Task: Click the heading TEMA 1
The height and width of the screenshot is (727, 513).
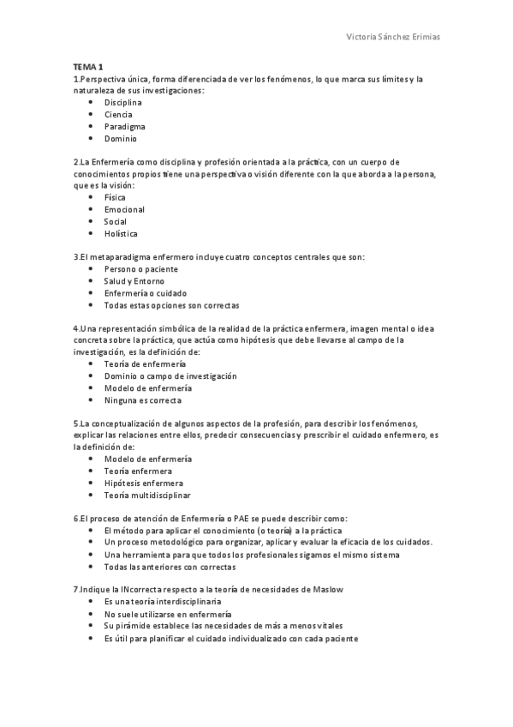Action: (x=88, y=68)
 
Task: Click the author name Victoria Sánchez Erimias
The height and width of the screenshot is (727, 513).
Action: (x=392, y=38)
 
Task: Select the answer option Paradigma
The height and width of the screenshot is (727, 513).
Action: (x=124, y=126)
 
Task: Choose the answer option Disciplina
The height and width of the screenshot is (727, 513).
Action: (x=123, y=102)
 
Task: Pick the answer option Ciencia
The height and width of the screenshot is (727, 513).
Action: (x=118, y=114)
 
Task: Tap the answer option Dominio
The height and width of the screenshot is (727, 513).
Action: (x=121, y=138)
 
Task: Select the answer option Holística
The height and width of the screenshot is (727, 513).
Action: (x=121, y=233)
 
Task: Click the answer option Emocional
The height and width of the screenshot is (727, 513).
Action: (x=124, y=209)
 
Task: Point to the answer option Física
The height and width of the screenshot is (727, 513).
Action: (x=115, y=197)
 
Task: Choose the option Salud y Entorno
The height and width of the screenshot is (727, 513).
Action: (x=134, y=280)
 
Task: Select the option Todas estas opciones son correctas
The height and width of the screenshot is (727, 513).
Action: (x=171, y=304)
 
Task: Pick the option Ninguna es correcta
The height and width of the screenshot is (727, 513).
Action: (x=142, y=400)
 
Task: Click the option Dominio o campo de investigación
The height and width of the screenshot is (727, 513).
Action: (x=170, y=376)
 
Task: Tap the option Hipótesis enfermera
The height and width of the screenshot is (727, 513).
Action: (x=138, y=483)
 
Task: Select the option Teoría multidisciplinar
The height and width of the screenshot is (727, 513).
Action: (x=147, y=495)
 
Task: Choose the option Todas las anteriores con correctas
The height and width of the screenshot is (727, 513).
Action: (x=170, y=567)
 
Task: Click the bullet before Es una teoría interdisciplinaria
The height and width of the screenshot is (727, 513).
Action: (x=91, y=603)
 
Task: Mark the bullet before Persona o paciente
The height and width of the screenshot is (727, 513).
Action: (x=91, y=268)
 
